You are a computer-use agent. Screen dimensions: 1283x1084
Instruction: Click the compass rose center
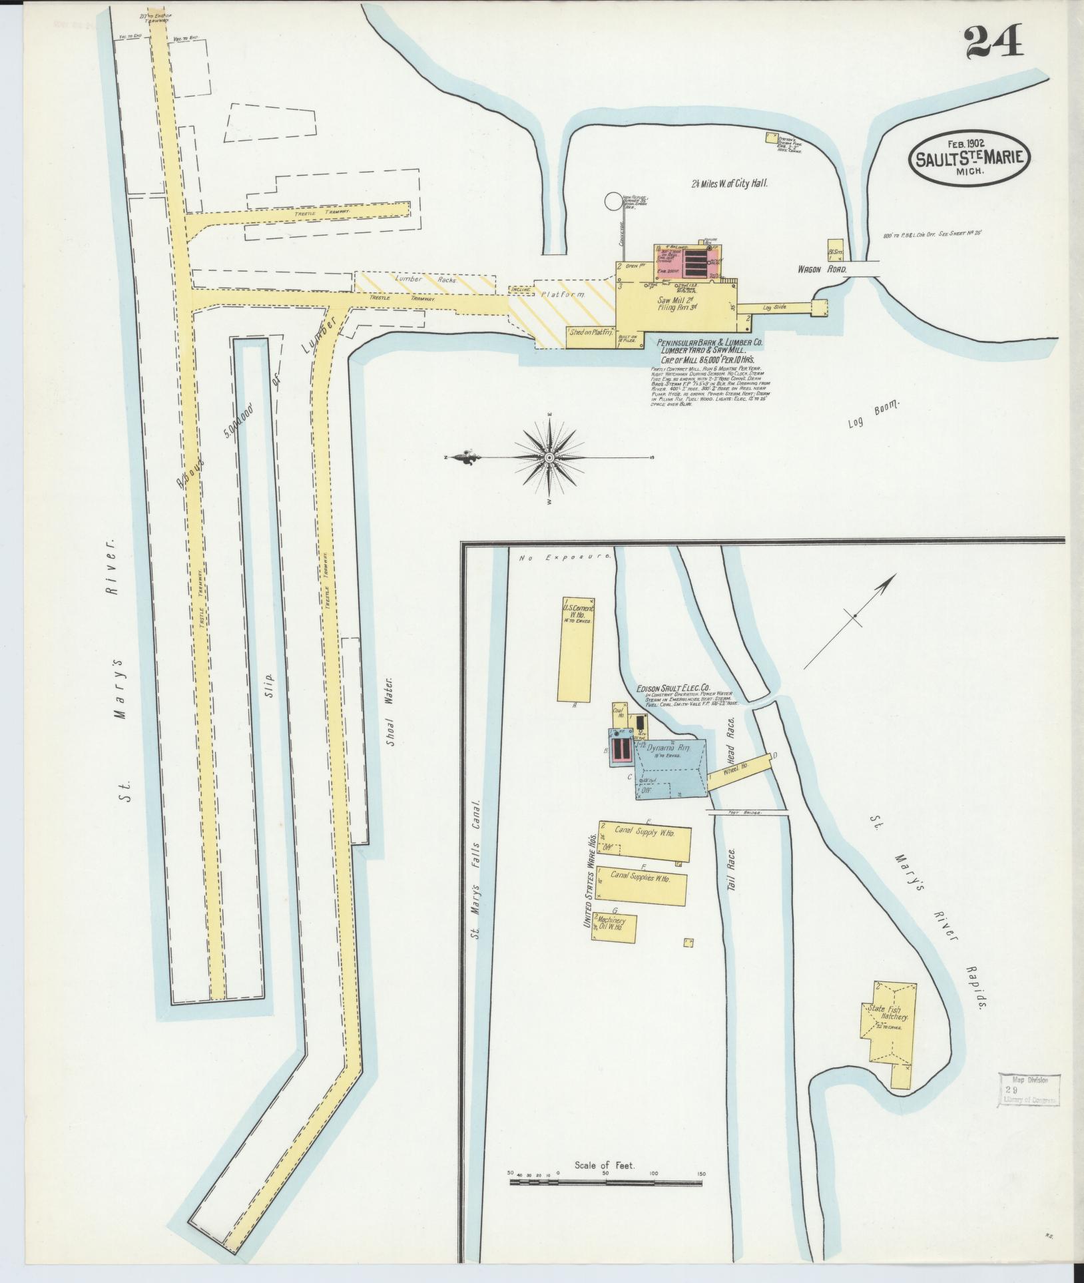coord(549,458)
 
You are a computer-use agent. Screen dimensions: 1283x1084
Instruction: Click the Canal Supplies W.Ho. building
coord(641,885)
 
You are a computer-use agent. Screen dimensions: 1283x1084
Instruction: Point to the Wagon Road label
coord(822,270)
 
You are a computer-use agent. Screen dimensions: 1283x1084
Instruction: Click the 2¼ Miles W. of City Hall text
coord(729,182)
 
